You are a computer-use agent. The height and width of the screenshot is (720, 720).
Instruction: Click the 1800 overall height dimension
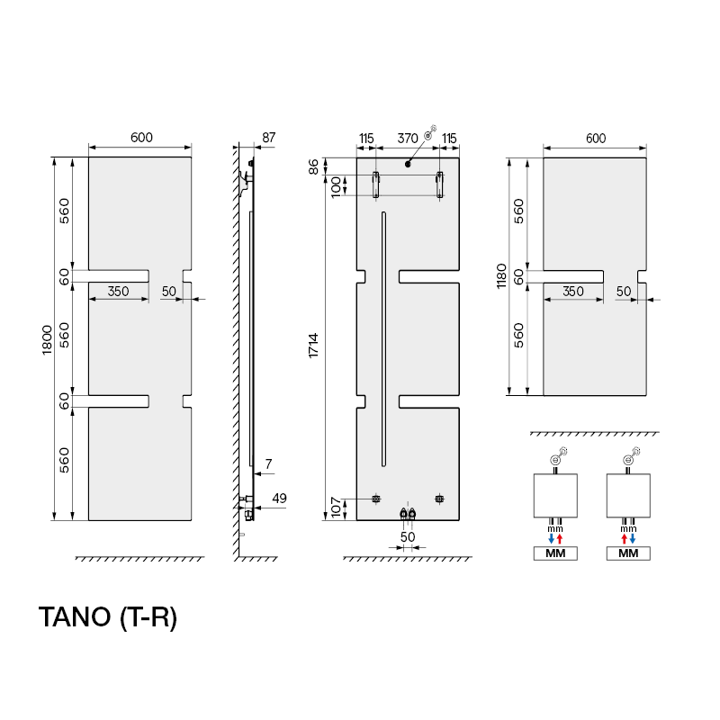coord(47,338)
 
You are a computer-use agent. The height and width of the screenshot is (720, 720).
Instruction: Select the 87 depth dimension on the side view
coord(268,138)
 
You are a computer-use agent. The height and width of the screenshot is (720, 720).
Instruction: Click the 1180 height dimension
coord(501,277)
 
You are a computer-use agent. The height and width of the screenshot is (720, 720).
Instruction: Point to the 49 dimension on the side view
coord(279,499)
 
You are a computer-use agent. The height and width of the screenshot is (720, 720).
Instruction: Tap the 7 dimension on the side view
coord(268,463)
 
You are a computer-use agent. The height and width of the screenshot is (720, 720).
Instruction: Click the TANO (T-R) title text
coord(107,618)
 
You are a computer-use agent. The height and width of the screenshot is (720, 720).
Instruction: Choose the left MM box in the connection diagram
coord(554,553)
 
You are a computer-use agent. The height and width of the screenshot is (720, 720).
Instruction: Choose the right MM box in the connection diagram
coord(628,553)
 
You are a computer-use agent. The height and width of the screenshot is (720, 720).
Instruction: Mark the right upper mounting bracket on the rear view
coord(439,184)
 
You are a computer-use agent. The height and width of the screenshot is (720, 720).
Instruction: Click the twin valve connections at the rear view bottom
coord(408,515)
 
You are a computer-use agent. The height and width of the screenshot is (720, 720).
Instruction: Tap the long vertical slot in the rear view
coord(384,338)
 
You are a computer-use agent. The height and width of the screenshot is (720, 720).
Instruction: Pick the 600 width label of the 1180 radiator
coord(595,138)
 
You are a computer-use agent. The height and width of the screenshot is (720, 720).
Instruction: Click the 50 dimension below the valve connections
coord(408,536)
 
